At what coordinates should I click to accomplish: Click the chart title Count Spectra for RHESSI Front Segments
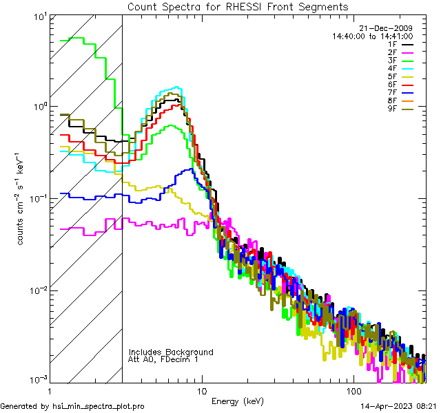238,7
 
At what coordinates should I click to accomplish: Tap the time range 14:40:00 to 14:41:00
373,36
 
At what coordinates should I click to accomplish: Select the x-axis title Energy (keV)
238,401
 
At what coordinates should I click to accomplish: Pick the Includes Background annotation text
171,352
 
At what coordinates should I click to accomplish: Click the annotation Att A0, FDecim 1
163,360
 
